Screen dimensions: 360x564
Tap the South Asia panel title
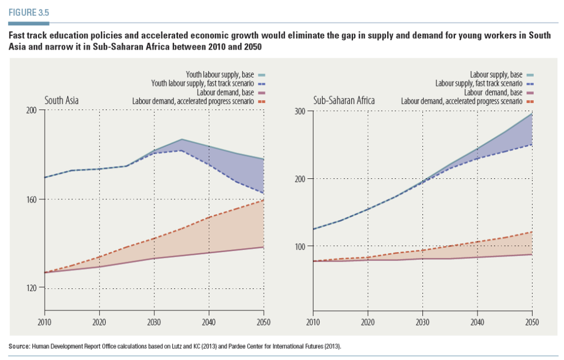tap(61, 101)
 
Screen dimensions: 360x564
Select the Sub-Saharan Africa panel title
tap(344, 101)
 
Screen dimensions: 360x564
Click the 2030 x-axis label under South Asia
tap(154, 322)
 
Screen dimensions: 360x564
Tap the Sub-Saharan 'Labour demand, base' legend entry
tap(492, 92)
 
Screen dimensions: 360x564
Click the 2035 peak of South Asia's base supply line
tap(182, 139)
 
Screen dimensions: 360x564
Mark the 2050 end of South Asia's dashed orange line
tap(264, 200)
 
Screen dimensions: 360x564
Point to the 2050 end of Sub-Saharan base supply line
tap(532, 114)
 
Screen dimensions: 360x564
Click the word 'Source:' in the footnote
tap(20, 346)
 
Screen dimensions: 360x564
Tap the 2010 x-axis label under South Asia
tap(45, 322)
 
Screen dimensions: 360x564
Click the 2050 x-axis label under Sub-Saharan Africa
tap(532, 322)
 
